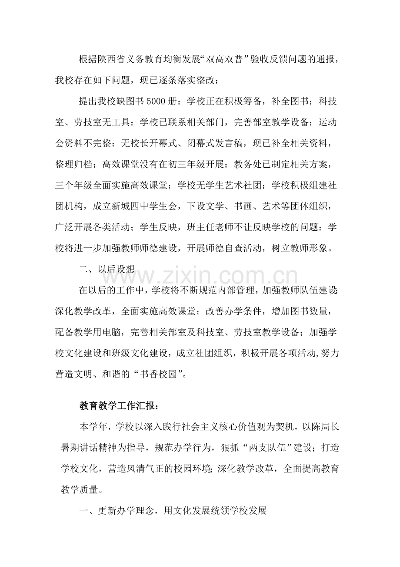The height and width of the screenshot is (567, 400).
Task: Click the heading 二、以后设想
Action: point(107,269)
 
